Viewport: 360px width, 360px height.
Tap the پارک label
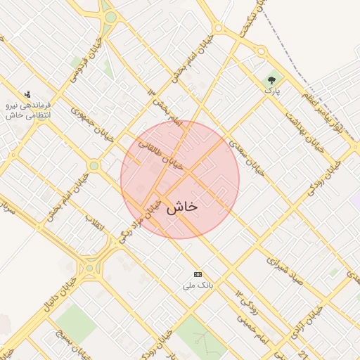(x=271, y=91)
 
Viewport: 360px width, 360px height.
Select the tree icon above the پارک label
(x=271, y=80)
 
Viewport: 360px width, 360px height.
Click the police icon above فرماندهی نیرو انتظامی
(x=27, y=94)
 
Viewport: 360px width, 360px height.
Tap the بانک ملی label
(x=197, y=285)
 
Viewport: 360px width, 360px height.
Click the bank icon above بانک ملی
(x=198, y=274)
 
